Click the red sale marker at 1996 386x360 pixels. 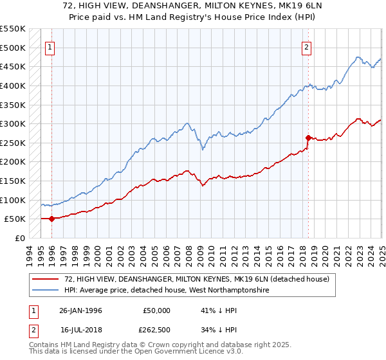(x=51, y=219)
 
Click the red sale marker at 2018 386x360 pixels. (x=308, y=137)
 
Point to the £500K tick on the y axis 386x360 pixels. (x=12, y=48)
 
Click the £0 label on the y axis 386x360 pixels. (x=19, y=238)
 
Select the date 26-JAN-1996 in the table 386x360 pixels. (x=80, y=310)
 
